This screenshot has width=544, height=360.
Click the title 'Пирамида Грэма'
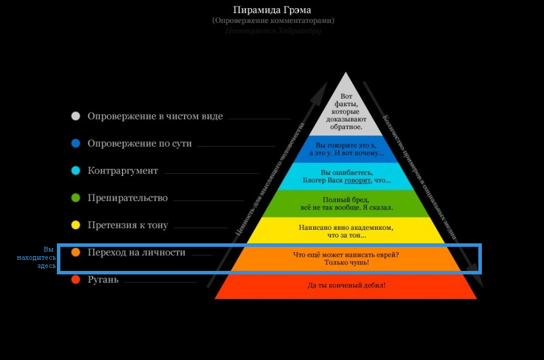[272, 10]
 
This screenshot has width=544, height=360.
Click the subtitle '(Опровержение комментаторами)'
[273, 21]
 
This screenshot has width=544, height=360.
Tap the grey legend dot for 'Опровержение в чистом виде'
[75, 116]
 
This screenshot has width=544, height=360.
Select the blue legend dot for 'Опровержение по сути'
[75, 143]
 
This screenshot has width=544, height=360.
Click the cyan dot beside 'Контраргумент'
[75, 171]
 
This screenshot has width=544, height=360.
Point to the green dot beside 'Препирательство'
[75, 198]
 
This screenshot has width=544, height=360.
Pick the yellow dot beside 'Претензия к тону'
[75, 225]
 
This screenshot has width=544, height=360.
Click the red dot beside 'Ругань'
[75, 280]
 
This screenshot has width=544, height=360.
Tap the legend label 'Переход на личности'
[136, 252]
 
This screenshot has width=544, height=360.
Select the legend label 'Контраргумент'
[123, 171]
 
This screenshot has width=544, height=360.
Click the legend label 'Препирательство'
[127, 198]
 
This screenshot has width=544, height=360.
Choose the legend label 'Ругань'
[103, 280]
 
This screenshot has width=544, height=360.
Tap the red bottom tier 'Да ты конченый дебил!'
[346, 286]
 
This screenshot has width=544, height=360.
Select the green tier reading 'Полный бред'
[346, 203]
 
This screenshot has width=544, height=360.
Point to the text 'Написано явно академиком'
[345, 227]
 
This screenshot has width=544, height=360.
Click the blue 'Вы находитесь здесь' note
[45, 257]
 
